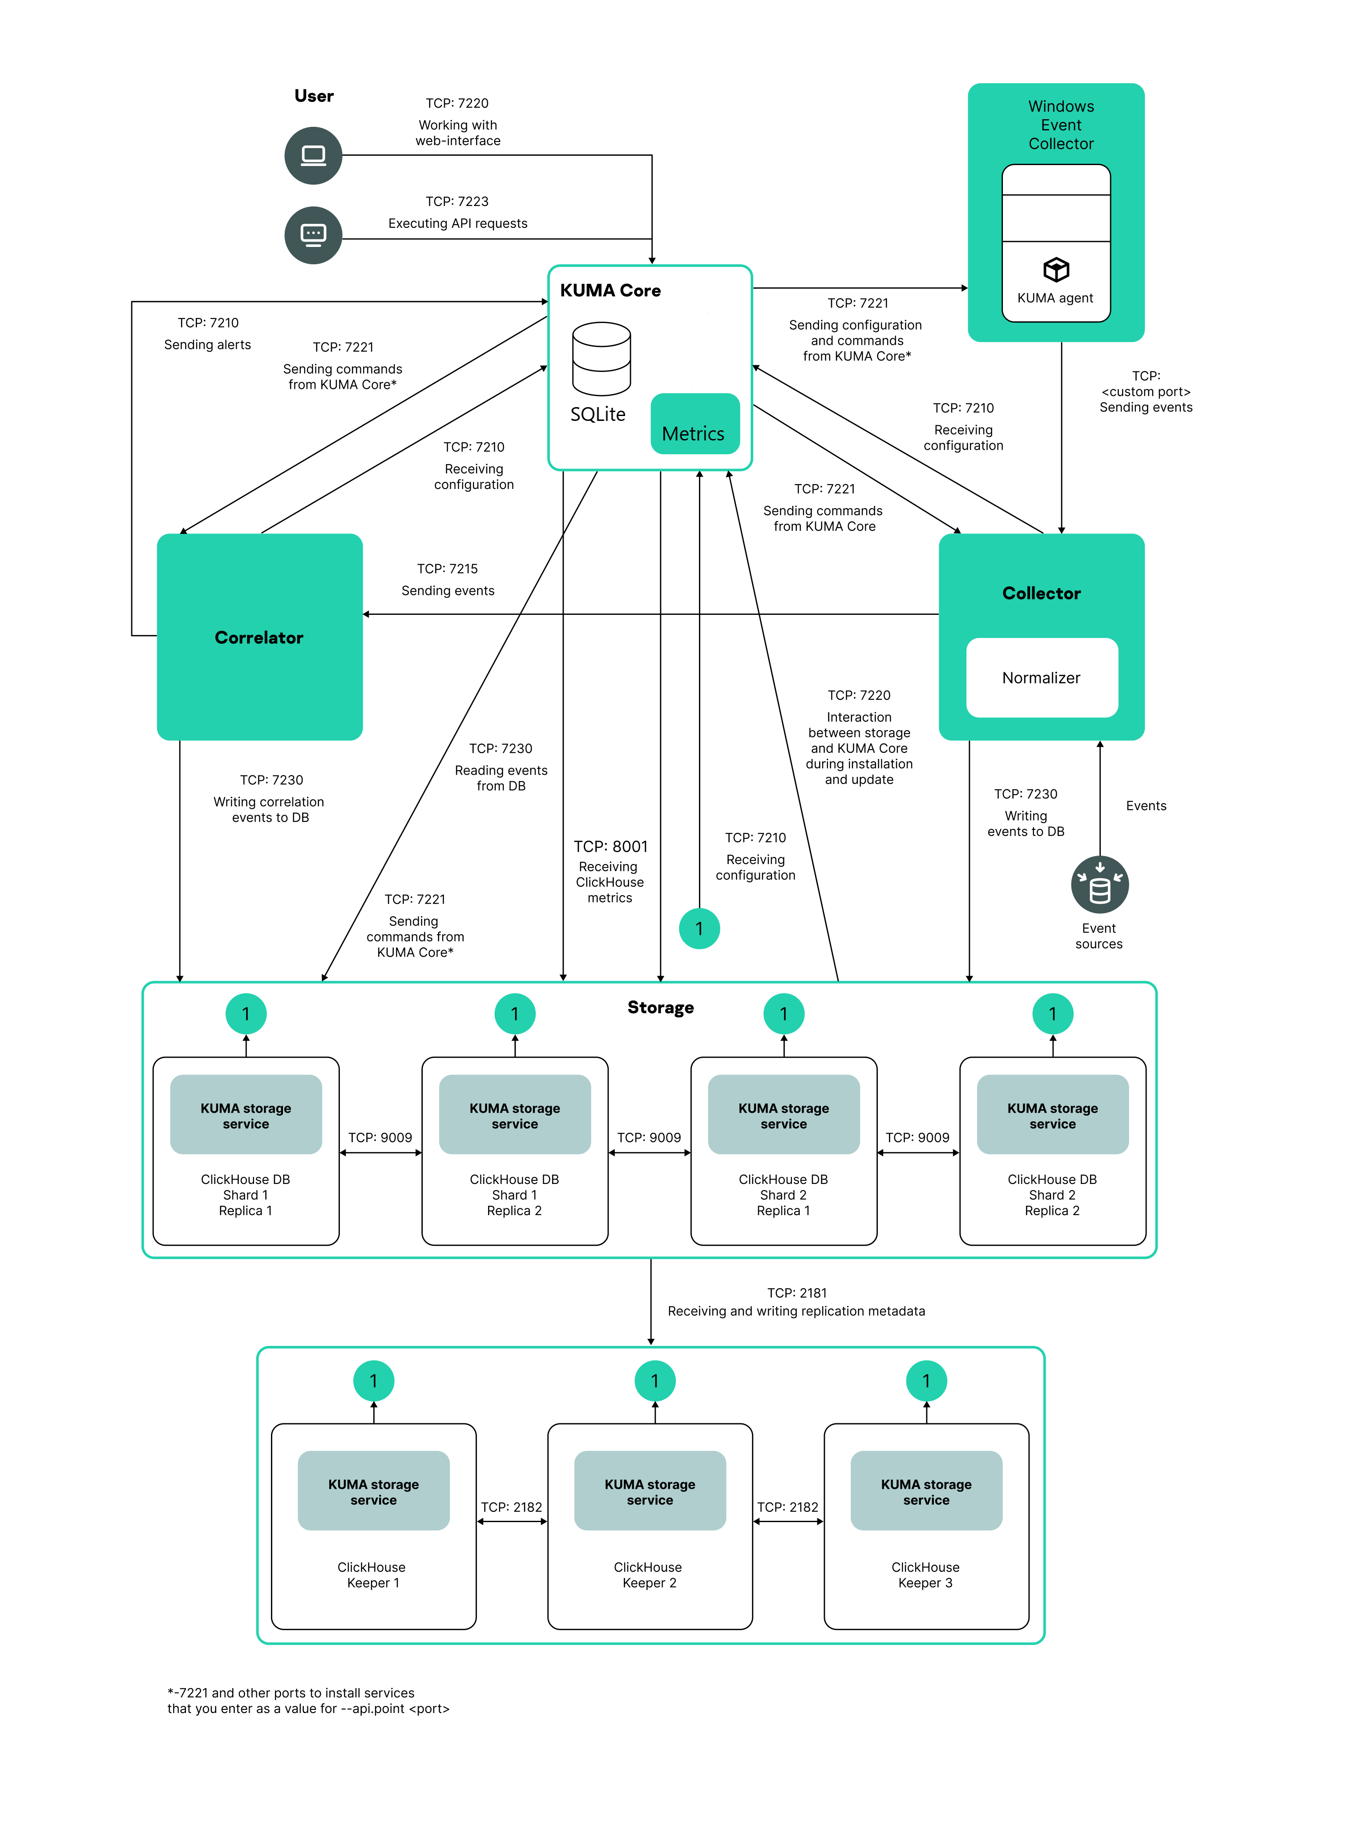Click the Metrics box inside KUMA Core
pos(695,424)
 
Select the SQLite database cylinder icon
pos(601,359)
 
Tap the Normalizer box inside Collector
pos(1041,678)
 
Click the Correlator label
pos(259,638)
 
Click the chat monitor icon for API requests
pos(313,235)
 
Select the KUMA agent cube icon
pos(1056,269)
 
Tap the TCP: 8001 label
pos(610,847)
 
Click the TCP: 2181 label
pos(796,1293)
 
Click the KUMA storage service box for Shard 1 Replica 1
pos(246,1115)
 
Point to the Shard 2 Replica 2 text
pos(1052,1203)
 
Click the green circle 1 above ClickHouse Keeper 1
pos(373,1382)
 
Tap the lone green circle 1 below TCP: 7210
pos(699,929)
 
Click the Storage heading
pos(660,1008)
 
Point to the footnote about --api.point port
pos(308,1701)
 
